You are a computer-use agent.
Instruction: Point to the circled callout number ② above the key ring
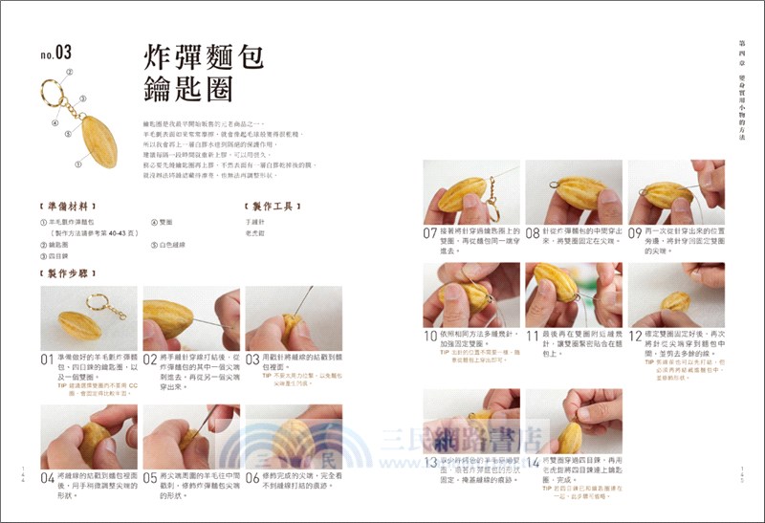pos(69,72)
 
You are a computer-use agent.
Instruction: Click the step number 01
pos(47,360)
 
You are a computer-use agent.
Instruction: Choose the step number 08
pos(533,232)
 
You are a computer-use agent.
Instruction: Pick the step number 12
pos(635,336)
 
